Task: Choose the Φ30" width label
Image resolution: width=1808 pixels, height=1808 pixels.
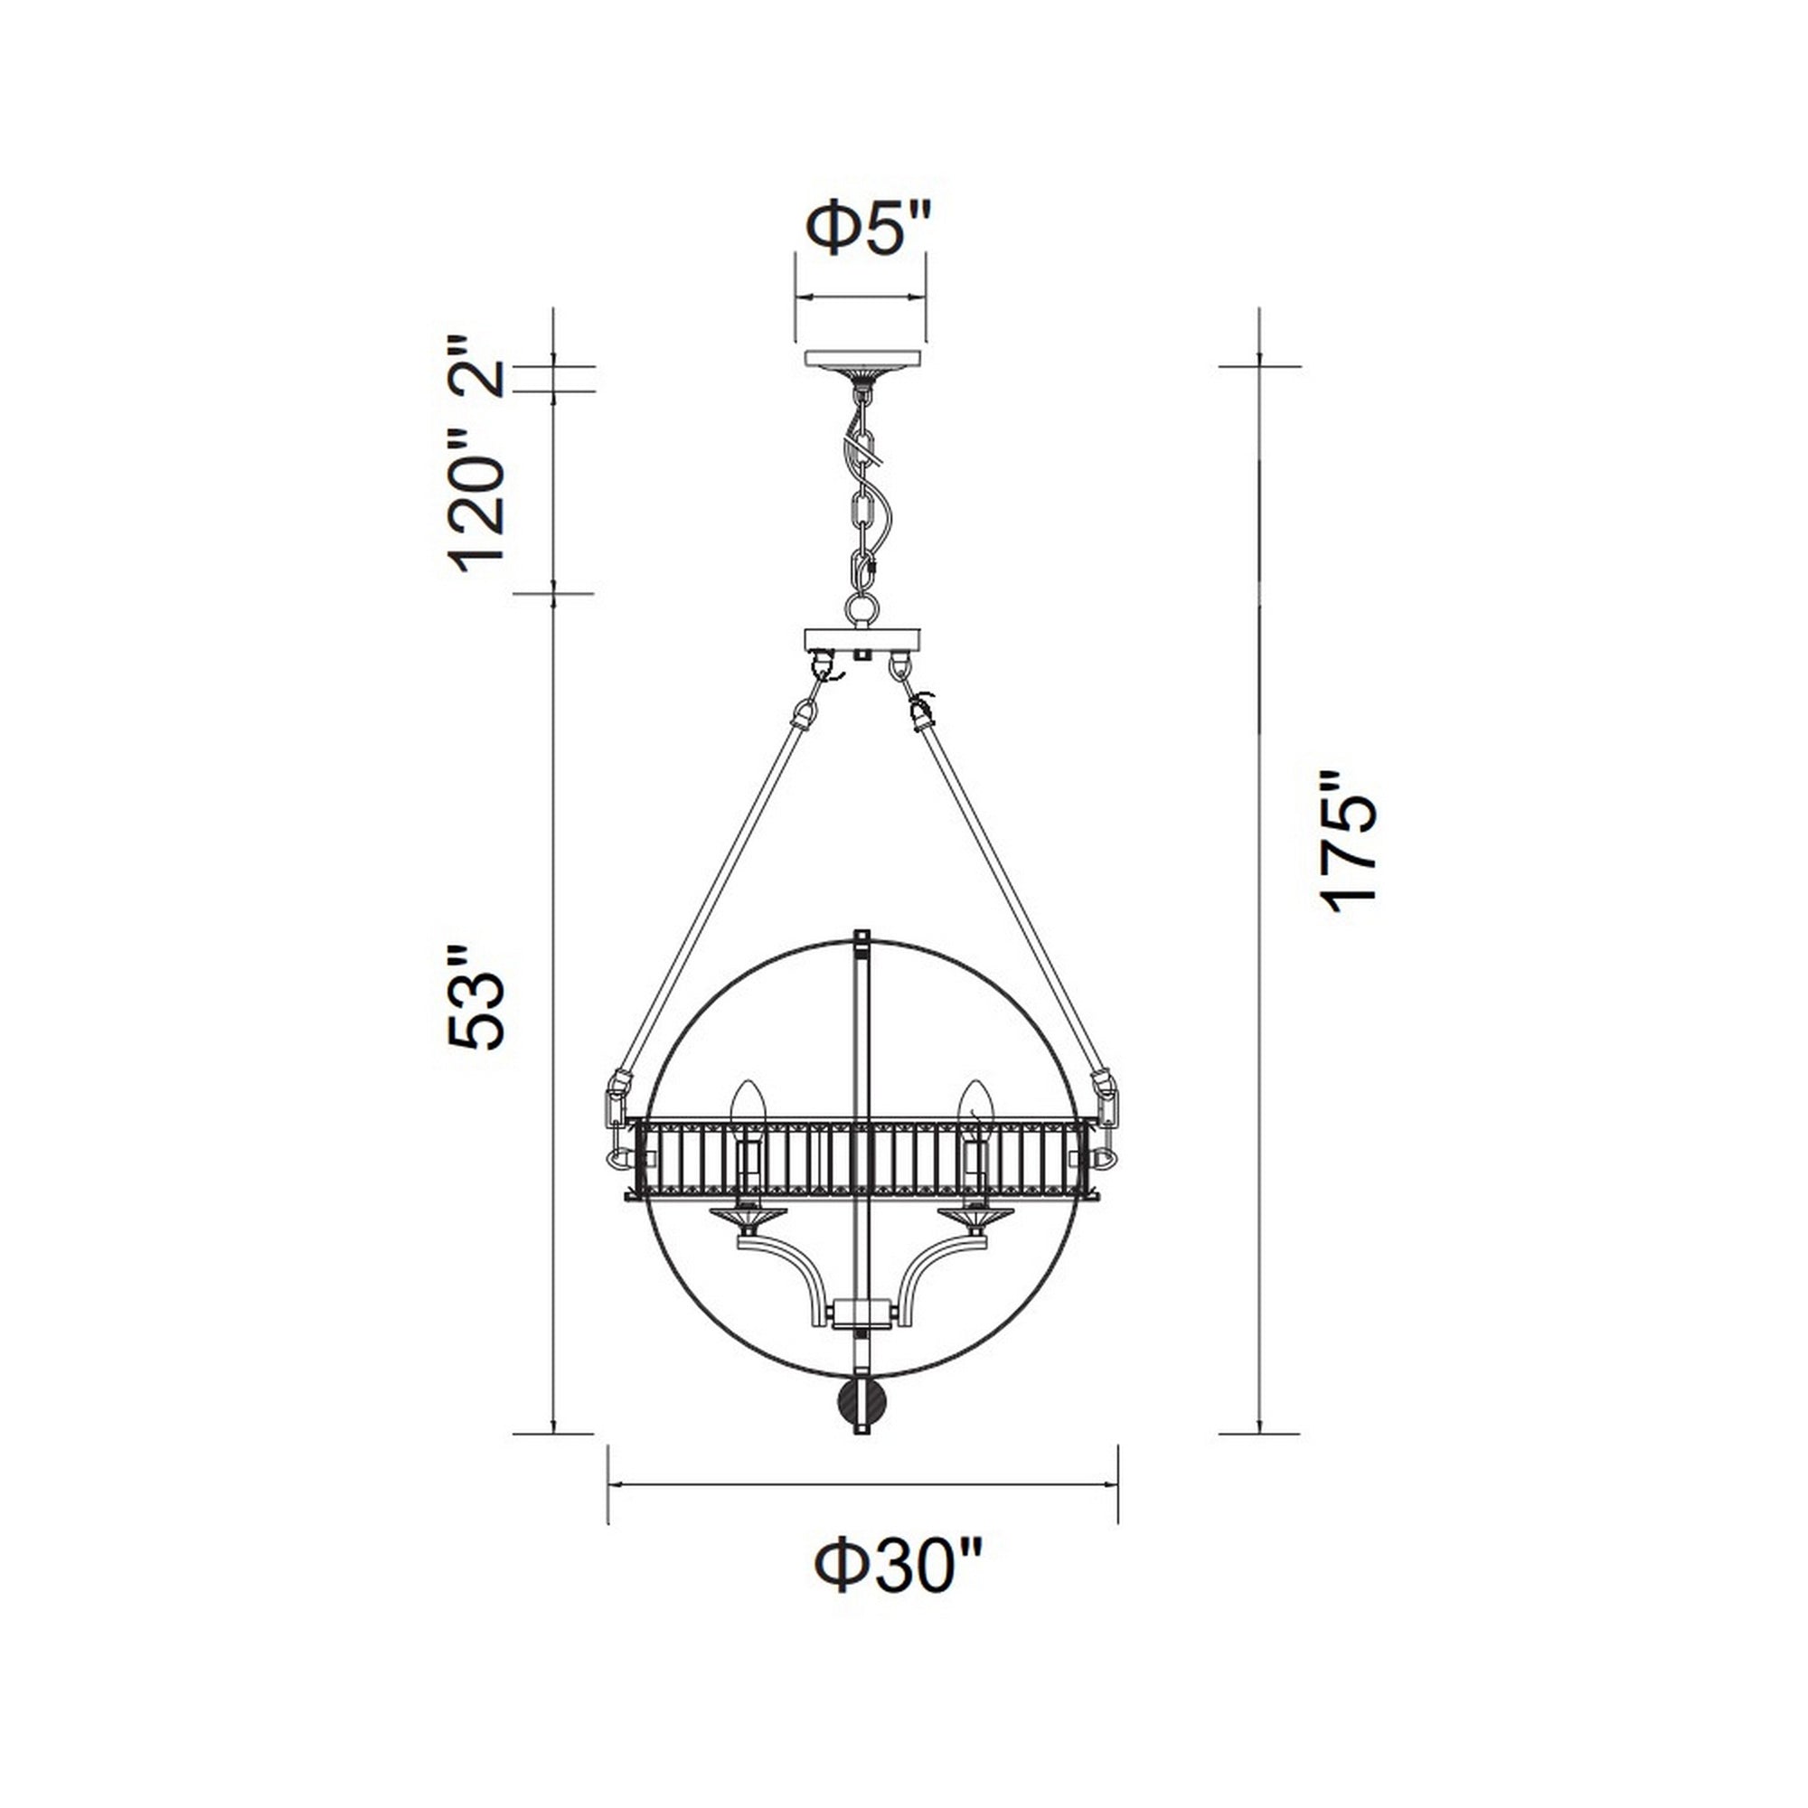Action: click(x=899, y=1568)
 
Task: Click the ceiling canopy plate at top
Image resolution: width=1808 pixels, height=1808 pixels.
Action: click(x=862, y=358)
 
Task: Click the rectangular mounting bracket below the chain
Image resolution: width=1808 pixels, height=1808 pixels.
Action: click(x=862, y=641)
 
